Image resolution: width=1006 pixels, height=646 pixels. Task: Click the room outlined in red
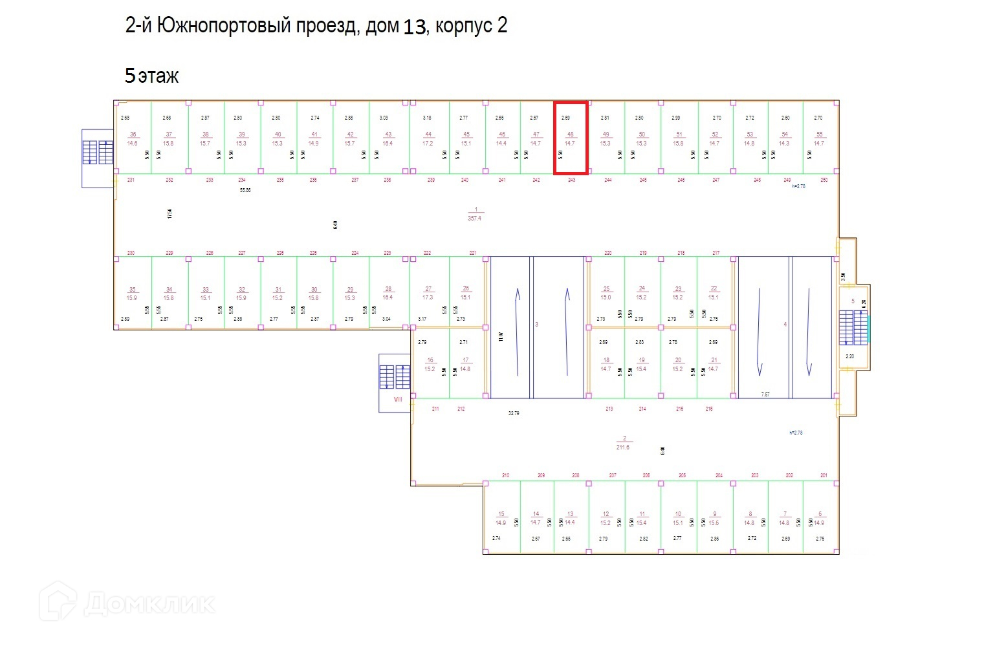point(570,138)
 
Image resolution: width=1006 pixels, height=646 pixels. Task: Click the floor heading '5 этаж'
point(151,76)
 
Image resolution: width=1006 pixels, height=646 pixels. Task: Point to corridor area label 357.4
point(475,218)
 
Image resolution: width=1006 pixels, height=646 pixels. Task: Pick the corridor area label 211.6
point(623,447)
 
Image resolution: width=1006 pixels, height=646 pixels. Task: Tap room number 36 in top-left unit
point(133,135)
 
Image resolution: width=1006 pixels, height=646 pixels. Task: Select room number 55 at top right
point(819,135)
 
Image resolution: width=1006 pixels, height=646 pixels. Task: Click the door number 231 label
point(131,180)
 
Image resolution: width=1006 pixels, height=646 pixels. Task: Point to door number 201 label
point(824,475)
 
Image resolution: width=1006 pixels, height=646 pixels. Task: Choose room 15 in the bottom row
point(501,514)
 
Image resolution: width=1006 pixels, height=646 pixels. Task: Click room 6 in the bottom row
point(820,514)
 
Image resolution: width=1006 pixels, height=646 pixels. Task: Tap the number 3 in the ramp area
point(537,325)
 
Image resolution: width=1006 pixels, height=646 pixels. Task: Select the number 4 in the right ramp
point(785,325)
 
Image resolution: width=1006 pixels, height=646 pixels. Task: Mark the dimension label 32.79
point(514,413)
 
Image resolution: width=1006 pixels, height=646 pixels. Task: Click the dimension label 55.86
point(245,190)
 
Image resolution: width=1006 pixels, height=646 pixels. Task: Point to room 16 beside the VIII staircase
point(430,360)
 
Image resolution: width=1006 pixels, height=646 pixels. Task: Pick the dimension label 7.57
point(765,394)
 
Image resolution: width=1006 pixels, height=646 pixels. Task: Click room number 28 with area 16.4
point(388,289)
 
